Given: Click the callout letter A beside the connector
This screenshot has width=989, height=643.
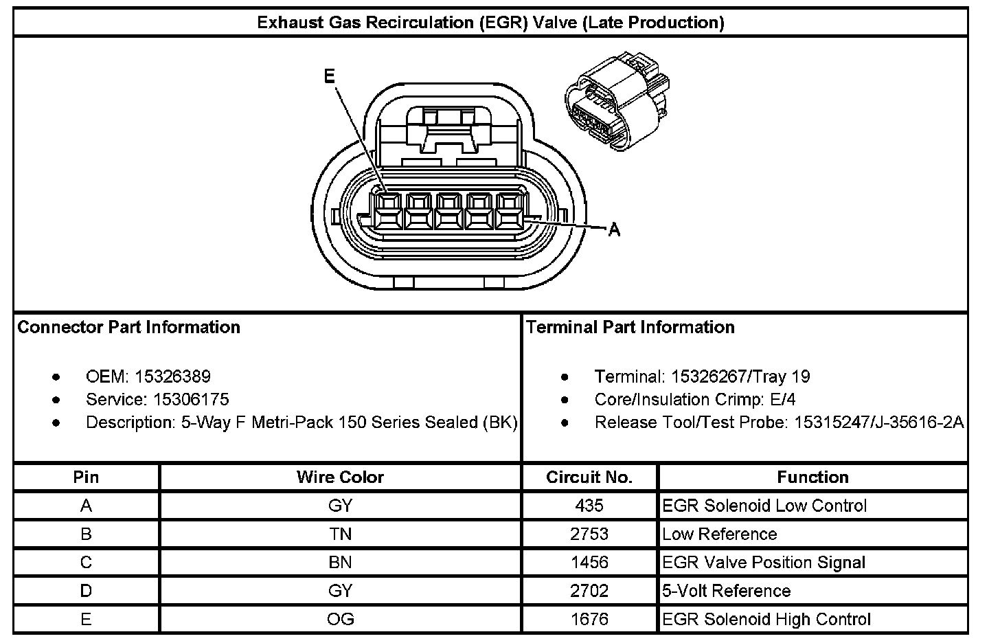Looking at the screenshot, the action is [614, 230].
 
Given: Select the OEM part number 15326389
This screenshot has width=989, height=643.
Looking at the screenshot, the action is [173, 376].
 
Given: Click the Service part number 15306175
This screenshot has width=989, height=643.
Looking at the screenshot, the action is [191, 399].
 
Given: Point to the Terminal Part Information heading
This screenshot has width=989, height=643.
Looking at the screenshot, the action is [630, 327].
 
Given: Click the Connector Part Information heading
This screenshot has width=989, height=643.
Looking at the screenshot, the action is [129, 327].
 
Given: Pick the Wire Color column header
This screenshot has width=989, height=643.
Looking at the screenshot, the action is [340, 477].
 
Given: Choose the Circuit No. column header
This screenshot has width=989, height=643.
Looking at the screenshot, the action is [589, 477].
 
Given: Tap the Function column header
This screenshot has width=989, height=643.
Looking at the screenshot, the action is [812, 477].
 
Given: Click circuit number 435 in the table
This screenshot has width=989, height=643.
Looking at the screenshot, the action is [589, 506].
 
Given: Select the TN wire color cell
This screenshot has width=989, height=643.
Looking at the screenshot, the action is [340, 534].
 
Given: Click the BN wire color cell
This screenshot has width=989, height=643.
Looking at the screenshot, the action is [340, 563].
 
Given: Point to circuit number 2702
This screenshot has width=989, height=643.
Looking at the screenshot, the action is [589, 591].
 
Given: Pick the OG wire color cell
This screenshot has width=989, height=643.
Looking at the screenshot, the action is [340, 619].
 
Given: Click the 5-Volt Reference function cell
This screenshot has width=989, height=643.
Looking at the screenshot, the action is [726, 591].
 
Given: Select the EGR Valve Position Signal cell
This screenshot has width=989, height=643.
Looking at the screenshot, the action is [763, 563].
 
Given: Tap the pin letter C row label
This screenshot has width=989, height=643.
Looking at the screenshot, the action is [86, 563].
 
